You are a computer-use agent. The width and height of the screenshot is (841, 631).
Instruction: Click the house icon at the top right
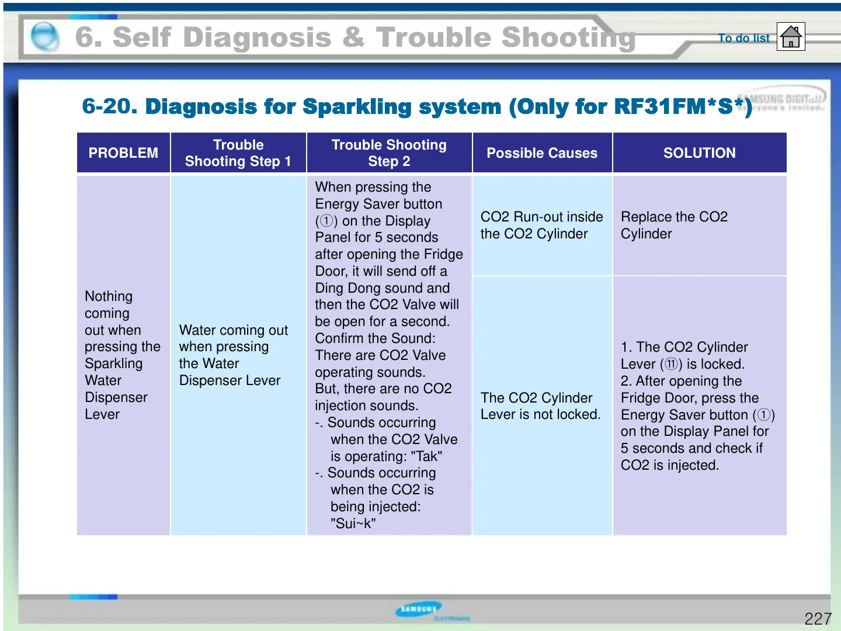(791, 37)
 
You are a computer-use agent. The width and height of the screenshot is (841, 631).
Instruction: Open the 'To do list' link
(743, 38)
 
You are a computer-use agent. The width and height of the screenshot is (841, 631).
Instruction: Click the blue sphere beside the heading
(44, 37)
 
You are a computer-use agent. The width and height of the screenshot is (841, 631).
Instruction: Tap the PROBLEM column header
(123, 153)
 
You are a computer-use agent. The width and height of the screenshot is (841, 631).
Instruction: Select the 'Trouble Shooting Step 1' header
(238, 153)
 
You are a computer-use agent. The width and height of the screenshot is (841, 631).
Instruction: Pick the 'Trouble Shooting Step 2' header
(389, 153)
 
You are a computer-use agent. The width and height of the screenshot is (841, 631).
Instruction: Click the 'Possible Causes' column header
(542, 153)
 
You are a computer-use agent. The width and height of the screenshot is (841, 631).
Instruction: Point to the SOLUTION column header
(699, 153)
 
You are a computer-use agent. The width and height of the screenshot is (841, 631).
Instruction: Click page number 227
(818, 619)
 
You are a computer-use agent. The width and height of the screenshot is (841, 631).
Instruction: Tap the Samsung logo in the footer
(419, 610)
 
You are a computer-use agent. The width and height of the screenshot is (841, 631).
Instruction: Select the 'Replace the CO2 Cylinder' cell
(674, 226)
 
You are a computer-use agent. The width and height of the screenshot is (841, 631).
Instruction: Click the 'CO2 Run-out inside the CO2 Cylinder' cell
(541, 226)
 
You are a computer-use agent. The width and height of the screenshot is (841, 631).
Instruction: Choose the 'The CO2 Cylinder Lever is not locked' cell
(540, 406)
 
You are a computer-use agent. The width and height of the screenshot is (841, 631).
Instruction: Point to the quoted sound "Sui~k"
(353, 523)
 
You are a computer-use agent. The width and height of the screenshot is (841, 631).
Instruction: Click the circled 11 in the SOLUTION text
(671, 365)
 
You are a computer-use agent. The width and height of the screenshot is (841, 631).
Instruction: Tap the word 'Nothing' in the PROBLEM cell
(109, 296)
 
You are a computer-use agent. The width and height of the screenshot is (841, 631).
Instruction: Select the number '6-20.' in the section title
(110, 106)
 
